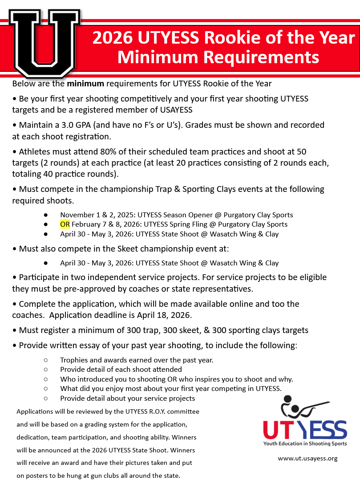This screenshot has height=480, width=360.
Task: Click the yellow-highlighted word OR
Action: [65, 224]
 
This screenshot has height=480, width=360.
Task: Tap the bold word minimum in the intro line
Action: [85, 83]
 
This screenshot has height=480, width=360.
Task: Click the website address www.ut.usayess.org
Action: [307, 458]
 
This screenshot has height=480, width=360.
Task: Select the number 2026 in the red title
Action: [112, 38]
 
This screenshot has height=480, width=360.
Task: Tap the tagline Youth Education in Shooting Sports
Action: [305, 444]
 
